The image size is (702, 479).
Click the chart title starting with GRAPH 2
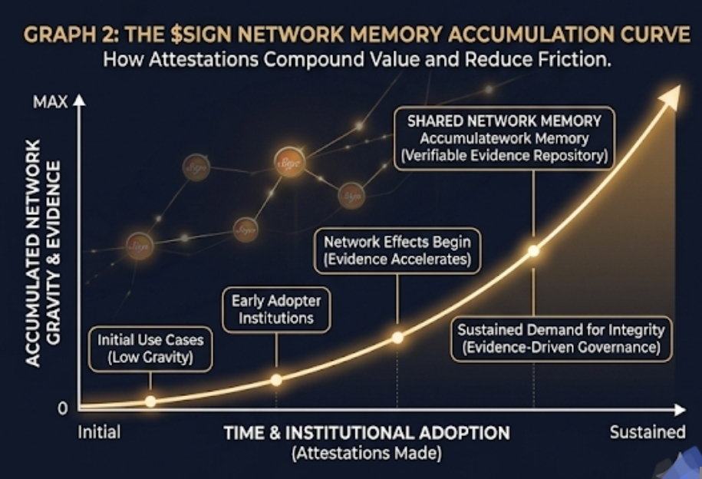click(356, 35)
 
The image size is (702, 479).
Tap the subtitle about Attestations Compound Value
click(356, 59)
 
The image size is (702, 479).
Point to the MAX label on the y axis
click(50, 101)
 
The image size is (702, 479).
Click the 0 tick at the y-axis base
click(63, 408)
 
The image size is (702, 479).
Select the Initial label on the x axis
click(99, 432)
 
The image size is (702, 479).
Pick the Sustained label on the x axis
click(647, 432)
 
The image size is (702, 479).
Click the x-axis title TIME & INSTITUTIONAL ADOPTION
click(367, 433)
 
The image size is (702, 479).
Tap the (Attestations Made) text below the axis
click(367, 454)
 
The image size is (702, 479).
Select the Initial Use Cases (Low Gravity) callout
click(151, 348)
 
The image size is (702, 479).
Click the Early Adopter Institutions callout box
click(276, 310)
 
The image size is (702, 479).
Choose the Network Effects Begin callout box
click(397, 250)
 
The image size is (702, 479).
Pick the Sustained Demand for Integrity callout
click(561, 339)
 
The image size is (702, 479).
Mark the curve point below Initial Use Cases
click(150, 401)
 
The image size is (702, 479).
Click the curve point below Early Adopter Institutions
click(277, 379)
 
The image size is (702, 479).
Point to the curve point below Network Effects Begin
click(397, 337)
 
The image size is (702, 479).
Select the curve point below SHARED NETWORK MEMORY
click(533, 250)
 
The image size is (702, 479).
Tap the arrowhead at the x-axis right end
click(680, 408)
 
